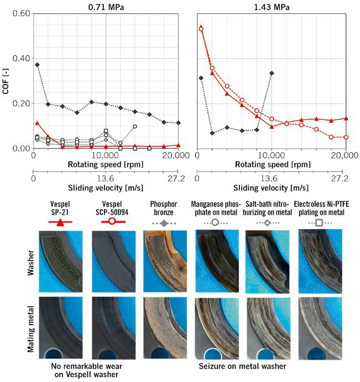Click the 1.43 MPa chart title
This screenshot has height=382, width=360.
point(272,7)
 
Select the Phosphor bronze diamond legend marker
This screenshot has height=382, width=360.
point(163,221)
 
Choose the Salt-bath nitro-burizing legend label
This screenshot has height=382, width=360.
point(268,206)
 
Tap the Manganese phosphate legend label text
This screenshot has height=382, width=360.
point(217,206)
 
